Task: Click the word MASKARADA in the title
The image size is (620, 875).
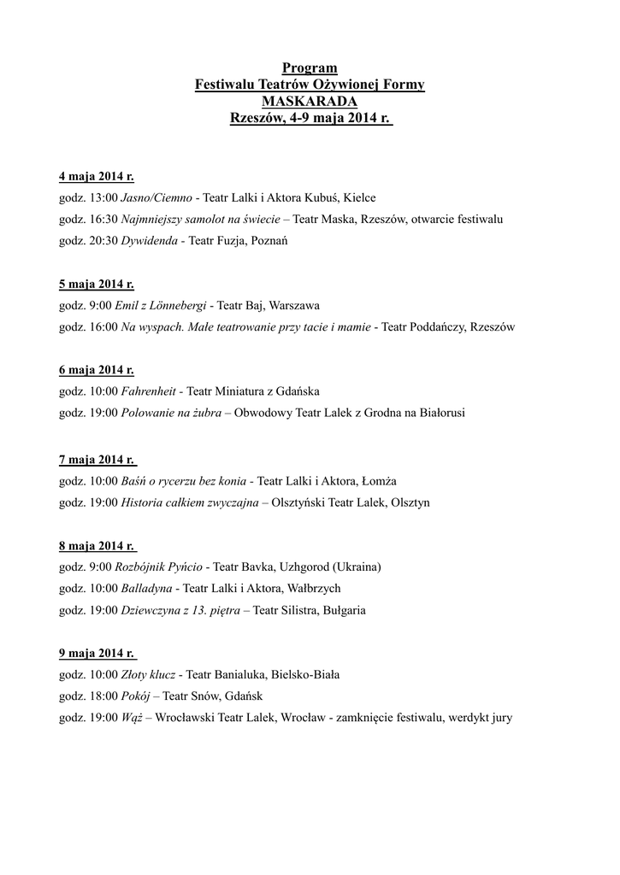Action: (x=310, y=103)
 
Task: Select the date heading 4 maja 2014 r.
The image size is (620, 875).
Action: (x=96, y=177)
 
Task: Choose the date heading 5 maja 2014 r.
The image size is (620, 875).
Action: (x=96, y=285)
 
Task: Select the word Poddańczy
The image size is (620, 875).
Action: (x=435, y=327)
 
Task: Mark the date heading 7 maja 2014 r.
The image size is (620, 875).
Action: (x=97, y=460)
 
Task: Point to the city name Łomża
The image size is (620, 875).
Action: (x=376, y=481)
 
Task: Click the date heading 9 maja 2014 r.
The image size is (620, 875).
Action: (x=96, y=654)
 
